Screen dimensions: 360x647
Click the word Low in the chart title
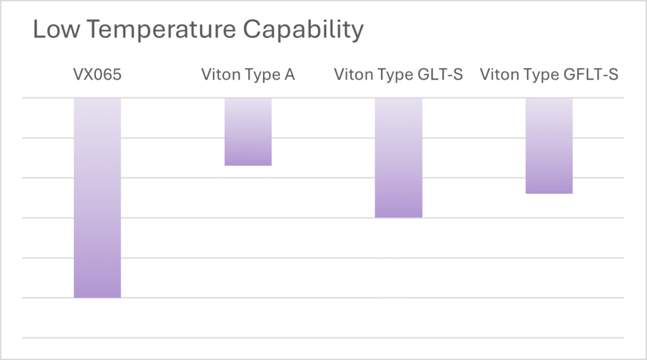[54, 30]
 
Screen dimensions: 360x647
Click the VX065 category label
[97, 75]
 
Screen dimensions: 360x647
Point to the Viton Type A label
[248, 75]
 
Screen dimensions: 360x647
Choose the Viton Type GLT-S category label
[399, 75]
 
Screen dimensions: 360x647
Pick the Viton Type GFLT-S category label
[549, 75]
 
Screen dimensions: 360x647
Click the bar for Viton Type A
[248, 131]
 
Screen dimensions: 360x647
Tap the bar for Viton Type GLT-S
[399, 157]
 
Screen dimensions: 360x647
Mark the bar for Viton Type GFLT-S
[549, 145]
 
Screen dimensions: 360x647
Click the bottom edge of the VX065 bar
[97, 297]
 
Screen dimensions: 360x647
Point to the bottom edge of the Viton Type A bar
[248, 165]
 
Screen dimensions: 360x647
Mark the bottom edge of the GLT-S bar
[399, 217]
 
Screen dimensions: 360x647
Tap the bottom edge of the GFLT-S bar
[549, 193]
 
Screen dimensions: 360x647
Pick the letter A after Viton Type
[289, 75]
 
